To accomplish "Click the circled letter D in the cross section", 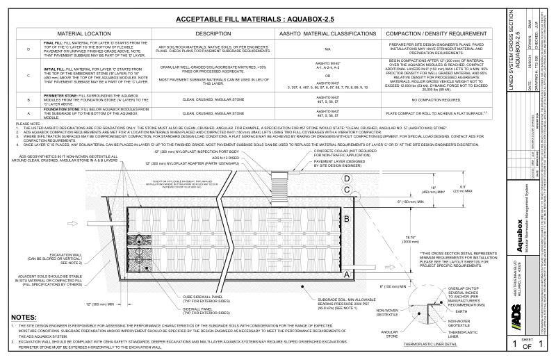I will (345, 179).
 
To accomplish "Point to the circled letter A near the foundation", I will (345, 275).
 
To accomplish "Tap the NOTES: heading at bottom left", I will (26, 318).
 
